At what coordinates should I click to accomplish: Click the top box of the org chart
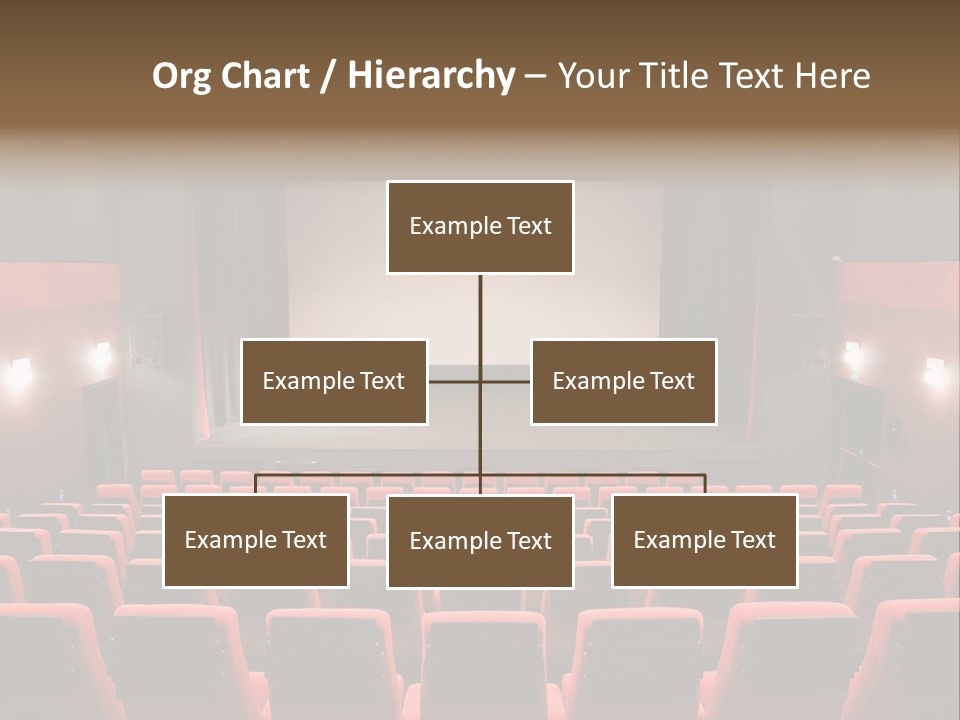point(480,227)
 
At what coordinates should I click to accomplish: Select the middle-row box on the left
point(334,381)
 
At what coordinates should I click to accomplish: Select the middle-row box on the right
point(624,381)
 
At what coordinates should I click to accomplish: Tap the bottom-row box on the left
point(256,540)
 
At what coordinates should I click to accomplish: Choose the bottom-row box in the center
point(480,541)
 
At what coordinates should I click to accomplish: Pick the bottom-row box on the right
point(705,540)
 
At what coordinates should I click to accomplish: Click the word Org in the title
point(181,76)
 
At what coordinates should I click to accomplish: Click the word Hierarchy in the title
point(430,76)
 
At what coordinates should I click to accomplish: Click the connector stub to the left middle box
point(454,381)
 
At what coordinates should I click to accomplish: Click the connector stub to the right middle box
point(506,381)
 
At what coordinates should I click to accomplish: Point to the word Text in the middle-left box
point(381,381)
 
